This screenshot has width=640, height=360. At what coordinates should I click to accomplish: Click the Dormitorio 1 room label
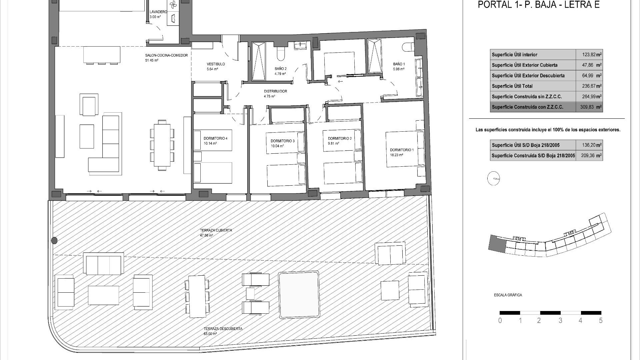(x=401, y=150)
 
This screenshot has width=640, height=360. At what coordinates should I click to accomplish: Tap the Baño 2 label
(x=280, y=69)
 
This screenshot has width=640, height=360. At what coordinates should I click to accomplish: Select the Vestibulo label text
(x=216, y=64)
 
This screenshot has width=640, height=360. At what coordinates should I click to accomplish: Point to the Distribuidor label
(x=275, y=91)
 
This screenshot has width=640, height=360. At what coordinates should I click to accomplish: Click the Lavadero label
(x=158, y=12)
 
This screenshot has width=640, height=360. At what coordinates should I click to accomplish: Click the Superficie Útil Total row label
(x=512, y=86)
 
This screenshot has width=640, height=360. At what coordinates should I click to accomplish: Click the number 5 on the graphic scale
(x=601, y=321)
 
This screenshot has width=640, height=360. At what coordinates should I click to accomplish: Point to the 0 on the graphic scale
(x=500, y=321)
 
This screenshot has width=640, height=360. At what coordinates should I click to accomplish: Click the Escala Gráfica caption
(x=508, y=295)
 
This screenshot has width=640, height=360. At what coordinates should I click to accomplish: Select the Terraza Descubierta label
(x=223, y=329)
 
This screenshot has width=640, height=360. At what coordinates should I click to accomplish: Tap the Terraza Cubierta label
(x=216, y=230)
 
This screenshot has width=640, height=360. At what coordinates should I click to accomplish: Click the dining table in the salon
(x=162, y=145)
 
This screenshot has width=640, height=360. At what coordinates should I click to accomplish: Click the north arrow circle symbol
(x=494, y=178)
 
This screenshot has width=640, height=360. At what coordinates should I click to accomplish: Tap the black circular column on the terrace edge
(x=54, y=240)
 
